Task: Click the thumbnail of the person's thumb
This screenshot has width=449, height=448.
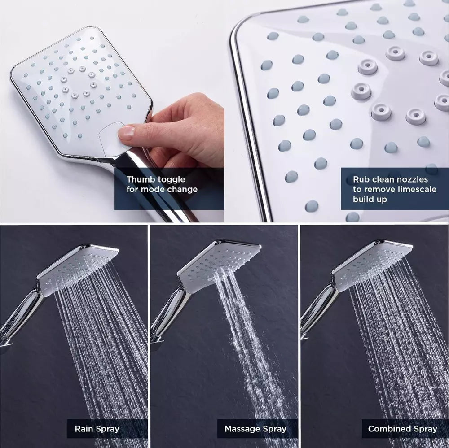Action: click(x=127, y=132)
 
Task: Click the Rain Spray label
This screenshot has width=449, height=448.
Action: click(x=97, y=429)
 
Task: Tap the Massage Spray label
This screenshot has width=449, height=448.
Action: click(x=255, y=429)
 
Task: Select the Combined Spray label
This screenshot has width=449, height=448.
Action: click(x=402, y=429)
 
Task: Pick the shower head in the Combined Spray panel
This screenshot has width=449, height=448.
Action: click(x=371, y=265)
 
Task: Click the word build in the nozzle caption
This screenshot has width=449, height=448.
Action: click(x=364, y=199)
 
